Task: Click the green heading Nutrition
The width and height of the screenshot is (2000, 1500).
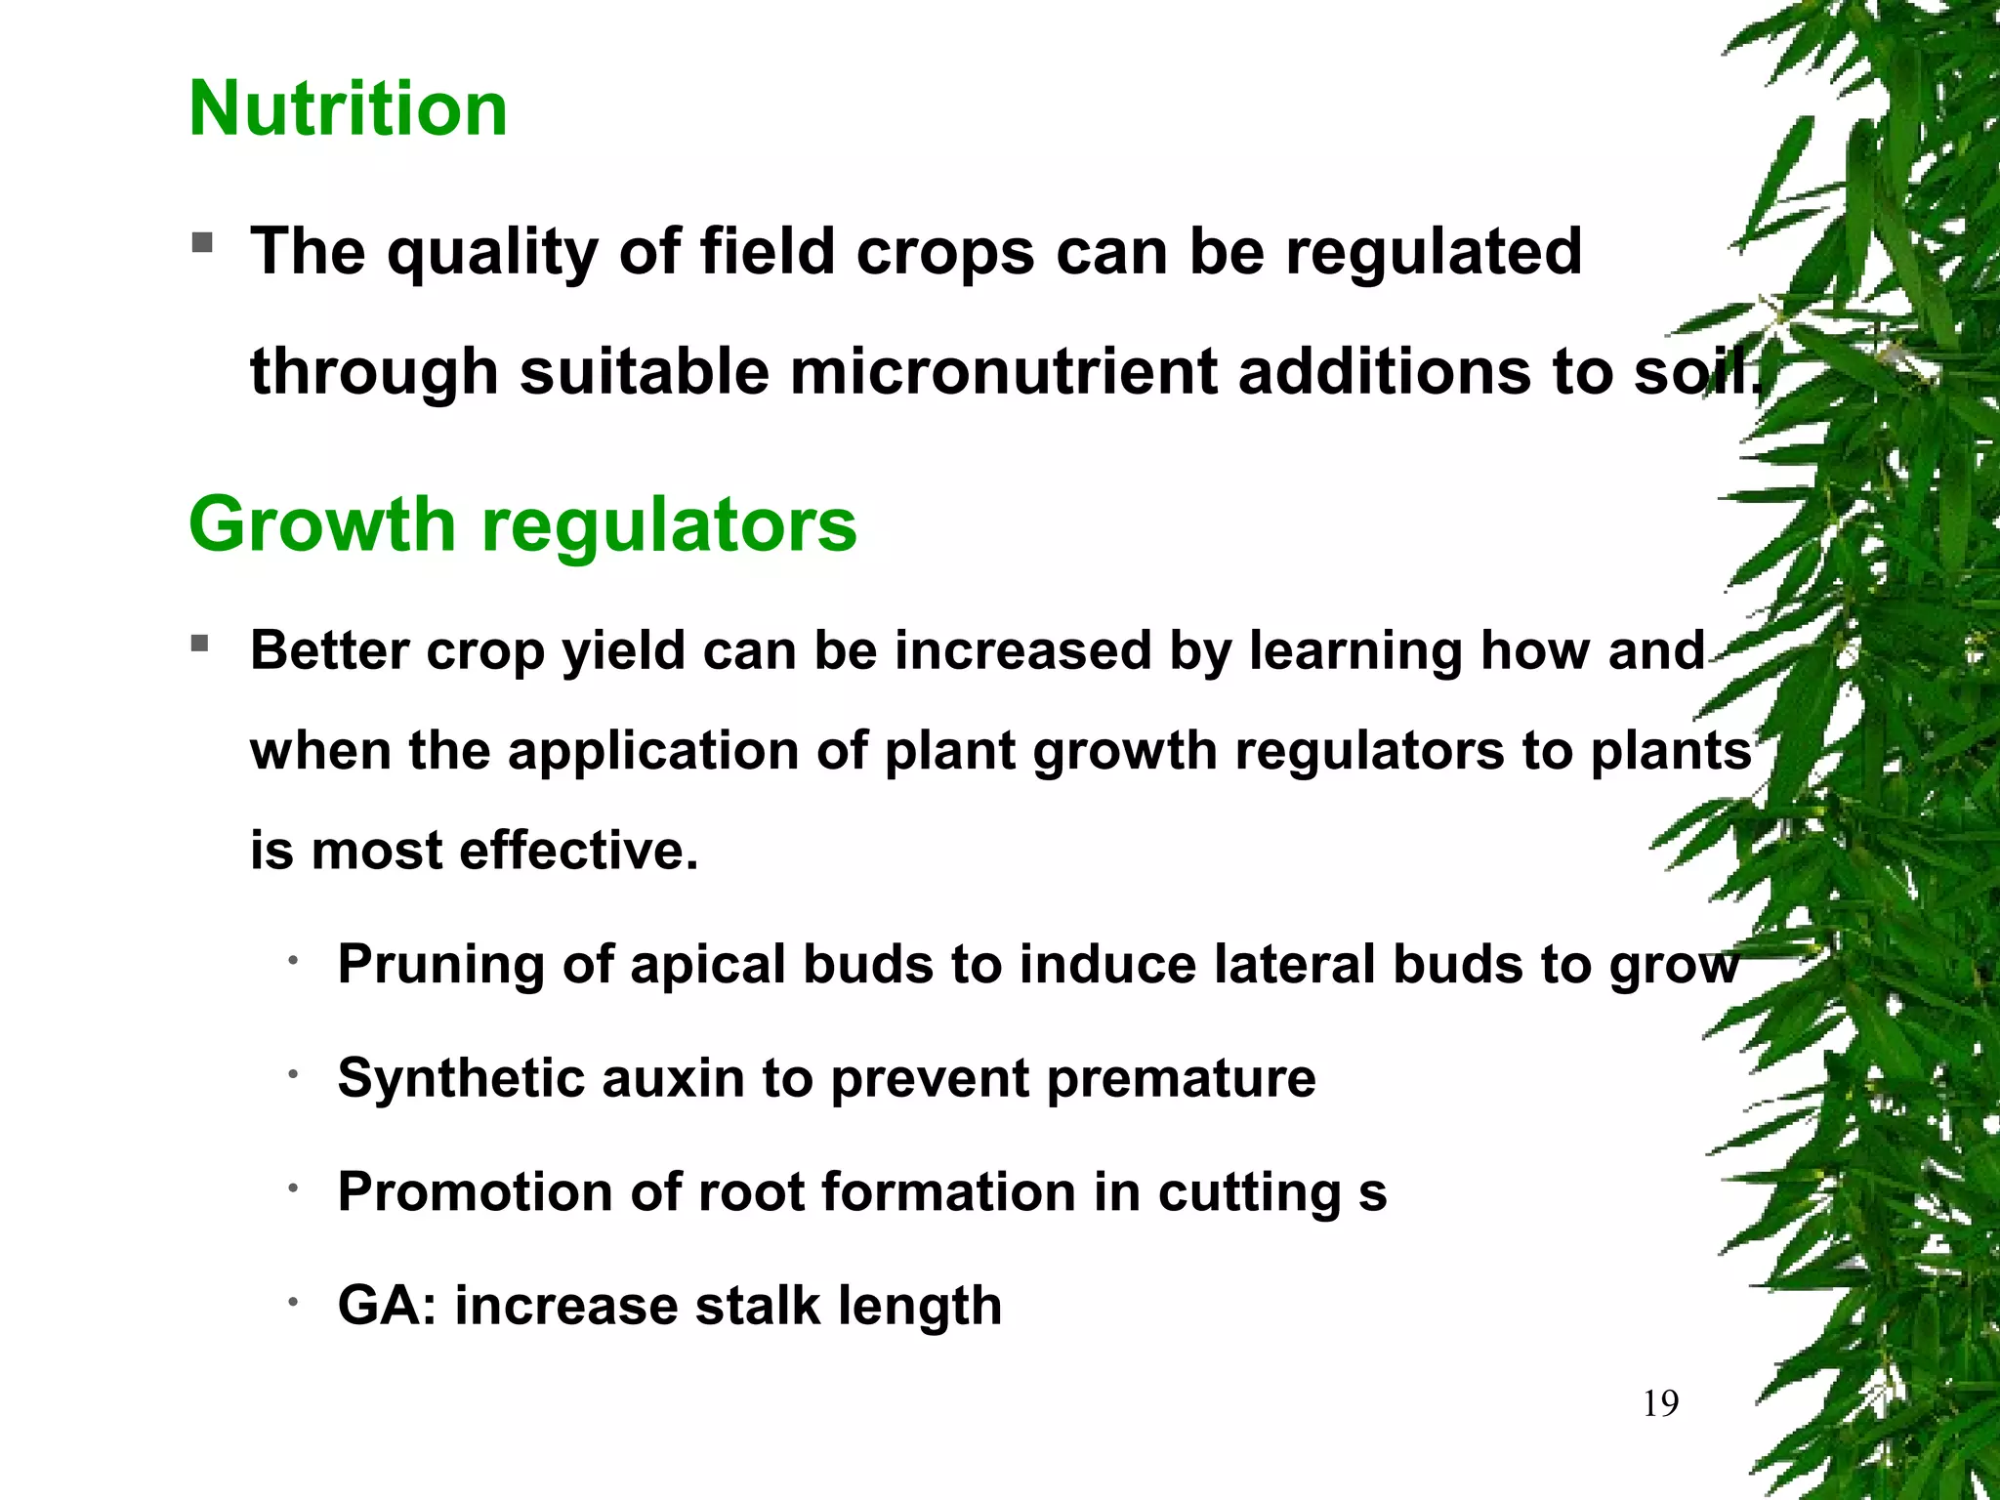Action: tap(348, 108)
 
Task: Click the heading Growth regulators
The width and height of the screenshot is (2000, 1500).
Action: tap(522, 524)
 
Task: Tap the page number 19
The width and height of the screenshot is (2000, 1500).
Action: tap(1660, 1404)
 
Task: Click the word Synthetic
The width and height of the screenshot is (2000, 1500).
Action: tap(460, 1079)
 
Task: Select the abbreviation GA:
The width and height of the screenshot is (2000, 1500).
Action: tap(387, 1306)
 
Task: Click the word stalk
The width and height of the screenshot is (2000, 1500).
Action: tap(757, 1306)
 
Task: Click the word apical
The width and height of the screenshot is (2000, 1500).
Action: tap(707, 966)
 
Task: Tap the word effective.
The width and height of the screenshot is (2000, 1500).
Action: tap(579, 851)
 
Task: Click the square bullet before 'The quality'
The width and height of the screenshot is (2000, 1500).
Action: tap(202, 241)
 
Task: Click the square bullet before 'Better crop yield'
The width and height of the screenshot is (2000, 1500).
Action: tap(200, 644)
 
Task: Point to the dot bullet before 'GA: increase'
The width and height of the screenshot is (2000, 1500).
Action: tap(292, 1302)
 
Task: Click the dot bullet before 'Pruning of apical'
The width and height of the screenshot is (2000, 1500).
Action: tap(292, 961)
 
